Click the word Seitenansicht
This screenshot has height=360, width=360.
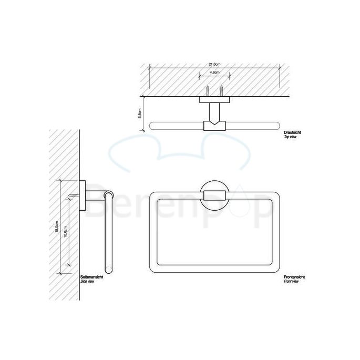(92, 277)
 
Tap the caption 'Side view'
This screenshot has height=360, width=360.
(88, 282)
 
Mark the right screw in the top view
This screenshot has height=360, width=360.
(221, 90)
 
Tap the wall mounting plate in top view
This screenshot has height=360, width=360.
(214, 99)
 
